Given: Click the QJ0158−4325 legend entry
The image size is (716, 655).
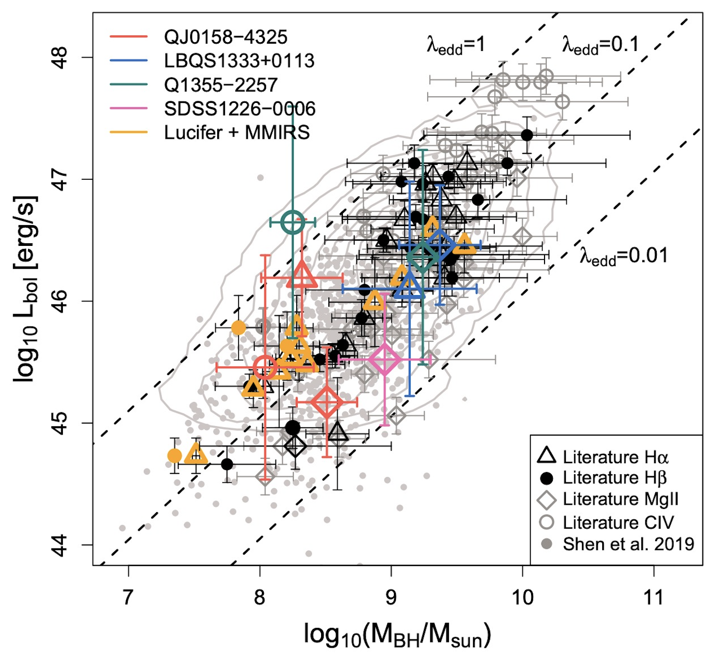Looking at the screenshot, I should [226, 37].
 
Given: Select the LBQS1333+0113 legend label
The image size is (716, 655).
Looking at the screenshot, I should [239, 61].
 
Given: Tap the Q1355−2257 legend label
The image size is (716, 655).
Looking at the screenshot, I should [221, 85].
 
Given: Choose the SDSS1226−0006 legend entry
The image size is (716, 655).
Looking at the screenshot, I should [240, 109].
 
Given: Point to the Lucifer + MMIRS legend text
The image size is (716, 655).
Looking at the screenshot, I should [237, 133].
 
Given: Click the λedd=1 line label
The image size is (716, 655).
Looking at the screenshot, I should [456, 46].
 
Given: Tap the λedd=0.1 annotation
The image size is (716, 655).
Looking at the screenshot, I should [601, 46].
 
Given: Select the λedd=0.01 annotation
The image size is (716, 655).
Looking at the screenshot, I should [624, 256].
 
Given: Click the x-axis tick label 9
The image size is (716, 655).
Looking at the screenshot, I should [391, 598].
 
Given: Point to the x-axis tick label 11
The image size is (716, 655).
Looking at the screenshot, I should [653, 598].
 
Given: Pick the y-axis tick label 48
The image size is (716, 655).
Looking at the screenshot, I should [61, 58].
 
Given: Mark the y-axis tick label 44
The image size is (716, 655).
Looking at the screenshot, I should [61, 545].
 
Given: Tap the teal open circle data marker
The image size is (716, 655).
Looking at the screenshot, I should [293, 222].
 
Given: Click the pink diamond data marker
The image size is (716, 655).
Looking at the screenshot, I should [384, 359].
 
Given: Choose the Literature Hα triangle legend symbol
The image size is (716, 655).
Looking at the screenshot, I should [546, 456].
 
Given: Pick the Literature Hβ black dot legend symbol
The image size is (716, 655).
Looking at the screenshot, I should [546, 478].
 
